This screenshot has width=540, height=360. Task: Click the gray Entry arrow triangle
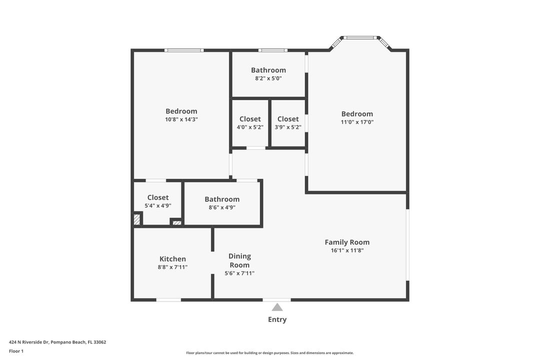(x=277, y=307)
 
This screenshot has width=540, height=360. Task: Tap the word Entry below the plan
(x=277, y=319)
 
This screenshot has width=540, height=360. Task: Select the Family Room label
(x=347, y=242)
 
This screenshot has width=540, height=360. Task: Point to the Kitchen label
(x=172, y=258)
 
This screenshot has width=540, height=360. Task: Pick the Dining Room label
(x=239, y=260)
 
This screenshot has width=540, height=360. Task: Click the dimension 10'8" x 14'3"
(x=181, y=119)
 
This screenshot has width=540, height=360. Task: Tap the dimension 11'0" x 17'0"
(x=357, y=122)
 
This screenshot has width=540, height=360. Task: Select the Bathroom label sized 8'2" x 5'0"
(x=268, y=70)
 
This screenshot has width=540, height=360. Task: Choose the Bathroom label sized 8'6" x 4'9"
(x=222, y=199)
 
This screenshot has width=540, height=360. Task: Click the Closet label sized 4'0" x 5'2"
(x=250, y=119)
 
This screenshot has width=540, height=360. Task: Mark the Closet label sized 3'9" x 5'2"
(x=288, y=119)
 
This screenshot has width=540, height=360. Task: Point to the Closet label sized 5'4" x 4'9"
(x=158, y=197)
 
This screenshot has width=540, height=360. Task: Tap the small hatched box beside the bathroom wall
(x=176, y=222)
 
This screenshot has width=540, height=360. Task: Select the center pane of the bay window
(x=360, y=37)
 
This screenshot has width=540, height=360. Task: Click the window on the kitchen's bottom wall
(x=168, y=299)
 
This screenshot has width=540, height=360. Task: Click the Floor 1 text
(x=16, y=351)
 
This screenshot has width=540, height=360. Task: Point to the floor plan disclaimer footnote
(x=270, y=353)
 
